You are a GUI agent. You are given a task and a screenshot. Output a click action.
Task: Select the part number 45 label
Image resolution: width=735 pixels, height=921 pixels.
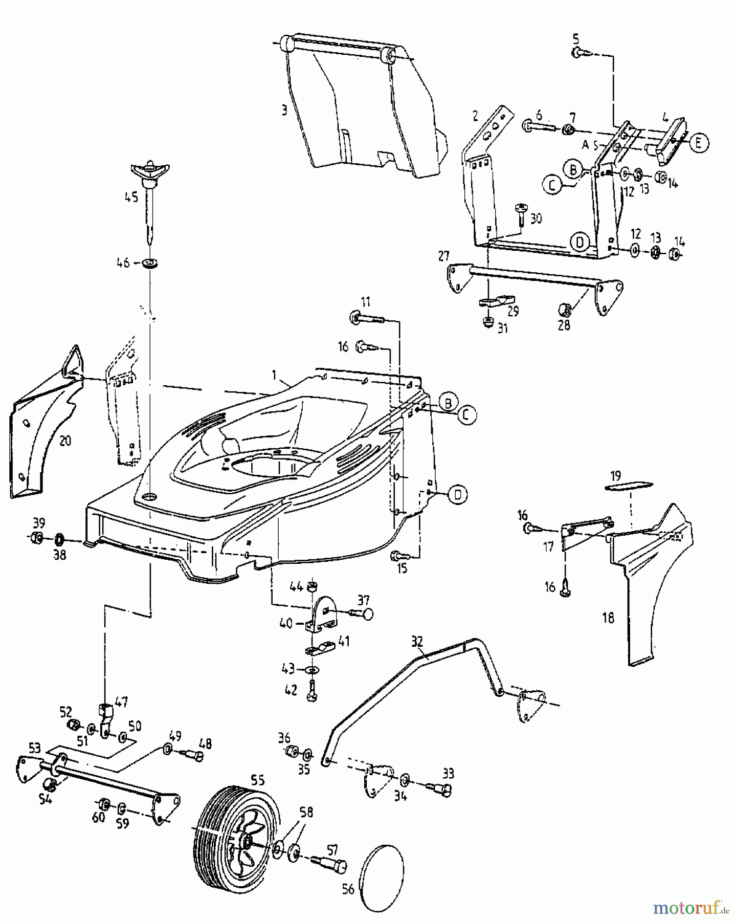(131, 196)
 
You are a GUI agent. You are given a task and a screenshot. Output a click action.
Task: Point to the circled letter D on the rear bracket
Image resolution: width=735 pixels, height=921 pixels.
(579, 242)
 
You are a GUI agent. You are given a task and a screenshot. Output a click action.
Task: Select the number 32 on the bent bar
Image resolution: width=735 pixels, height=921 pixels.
(417, 642)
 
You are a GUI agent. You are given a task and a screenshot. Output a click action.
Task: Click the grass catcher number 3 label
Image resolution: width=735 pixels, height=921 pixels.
(284, 110)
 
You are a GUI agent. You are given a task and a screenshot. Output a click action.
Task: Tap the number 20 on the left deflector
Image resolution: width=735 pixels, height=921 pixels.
(65, 440)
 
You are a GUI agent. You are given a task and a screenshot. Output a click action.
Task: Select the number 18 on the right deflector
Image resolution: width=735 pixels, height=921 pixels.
(607, 618)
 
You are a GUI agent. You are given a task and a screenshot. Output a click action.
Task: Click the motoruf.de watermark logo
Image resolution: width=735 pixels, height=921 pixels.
(691, 907)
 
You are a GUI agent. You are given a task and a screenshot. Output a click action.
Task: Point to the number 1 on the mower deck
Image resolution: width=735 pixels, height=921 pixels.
(274, 375)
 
